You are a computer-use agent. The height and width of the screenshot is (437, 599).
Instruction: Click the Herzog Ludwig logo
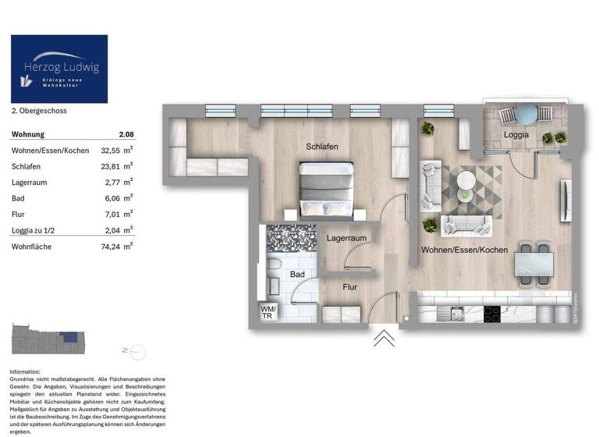(x=59, y=69)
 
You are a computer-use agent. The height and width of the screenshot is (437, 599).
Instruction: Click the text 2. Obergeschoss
(x=39, y=112)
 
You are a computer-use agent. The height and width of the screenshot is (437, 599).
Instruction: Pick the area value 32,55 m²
(x=118, y=150)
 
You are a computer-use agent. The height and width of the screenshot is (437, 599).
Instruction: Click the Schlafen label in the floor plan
(x=322, y=147)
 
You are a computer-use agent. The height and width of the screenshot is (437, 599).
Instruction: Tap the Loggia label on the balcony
(x=516, y=134)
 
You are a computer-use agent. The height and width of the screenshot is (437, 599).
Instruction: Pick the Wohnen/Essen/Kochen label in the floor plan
(x=464, y=250)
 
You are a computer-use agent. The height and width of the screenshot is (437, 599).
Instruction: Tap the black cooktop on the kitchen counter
(x=493, y=314)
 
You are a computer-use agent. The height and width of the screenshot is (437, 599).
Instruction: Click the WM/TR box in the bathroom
(x=268, y=311)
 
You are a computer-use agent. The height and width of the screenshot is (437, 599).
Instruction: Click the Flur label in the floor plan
(x=350, y=287)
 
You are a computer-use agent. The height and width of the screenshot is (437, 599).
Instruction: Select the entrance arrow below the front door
(x=384, y=337)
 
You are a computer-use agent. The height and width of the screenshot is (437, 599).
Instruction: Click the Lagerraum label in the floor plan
(x=347, y=237)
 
